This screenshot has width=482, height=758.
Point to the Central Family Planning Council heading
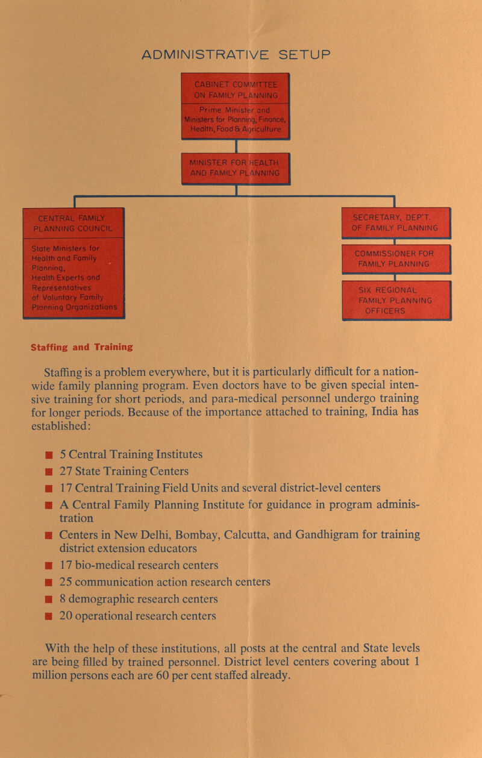(73, 222)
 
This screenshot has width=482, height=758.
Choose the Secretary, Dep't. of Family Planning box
(396, 222)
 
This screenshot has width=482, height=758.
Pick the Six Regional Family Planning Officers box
(396, 299)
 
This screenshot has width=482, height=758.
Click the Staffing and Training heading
(82, 347)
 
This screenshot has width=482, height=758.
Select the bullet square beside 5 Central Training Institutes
(48, 454)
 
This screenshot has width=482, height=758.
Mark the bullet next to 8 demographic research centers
(48, 600)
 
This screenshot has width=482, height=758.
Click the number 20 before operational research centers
(67, 615)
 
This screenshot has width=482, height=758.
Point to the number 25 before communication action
(67, 582)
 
